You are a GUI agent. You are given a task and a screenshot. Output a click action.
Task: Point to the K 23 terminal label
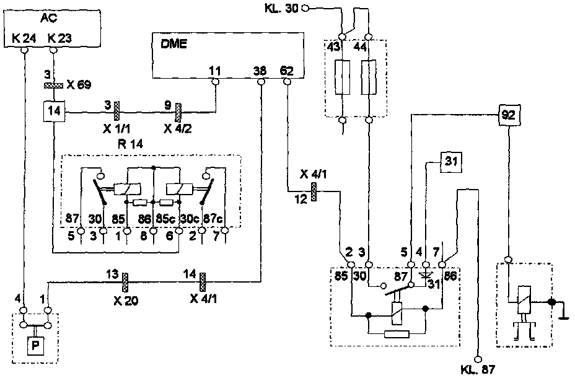(59, 39)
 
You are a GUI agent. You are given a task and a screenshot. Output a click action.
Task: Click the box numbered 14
(54, 112)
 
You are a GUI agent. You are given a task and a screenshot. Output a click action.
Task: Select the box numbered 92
(509, 115)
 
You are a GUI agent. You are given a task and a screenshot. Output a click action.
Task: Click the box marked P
(37, 344)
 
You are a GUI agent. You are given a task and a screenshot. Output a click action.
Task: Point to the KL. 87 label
(478, 370)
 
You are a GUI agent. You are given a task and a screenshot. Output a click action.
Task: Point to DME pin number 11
(215, 70)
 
